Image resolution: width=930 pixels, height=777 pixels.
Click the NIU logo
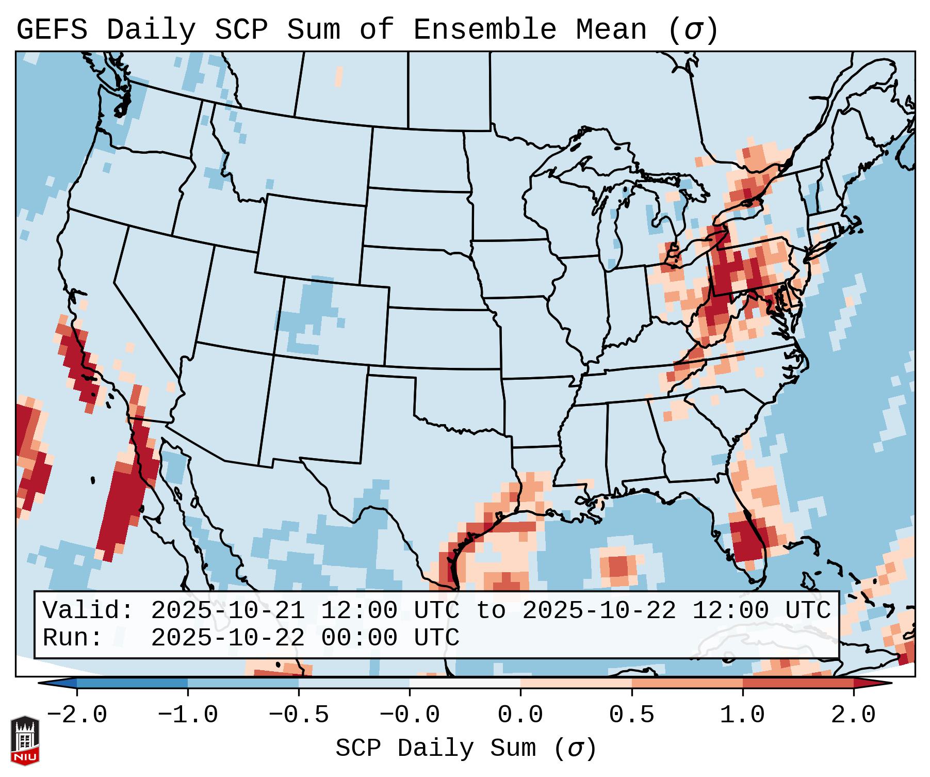25,740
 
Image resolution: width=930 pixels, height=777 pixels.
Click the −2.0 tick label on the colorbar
77,715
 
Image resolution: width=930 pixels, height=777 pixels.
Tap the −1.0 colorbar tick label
188,715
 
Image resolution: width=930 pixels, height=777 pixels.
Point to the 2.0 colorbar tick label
853,715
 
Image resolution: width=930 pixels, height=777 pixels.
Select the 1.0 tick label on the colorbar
742,715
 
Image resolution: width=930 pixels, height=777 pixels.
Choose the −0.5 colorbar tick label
299,715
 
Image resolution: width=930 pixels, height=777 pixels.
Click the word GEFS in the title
52,30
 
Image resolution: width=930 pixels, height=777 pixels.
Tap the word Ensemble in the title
485,30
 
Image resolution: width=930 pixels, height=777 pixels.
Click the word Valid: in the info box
88,610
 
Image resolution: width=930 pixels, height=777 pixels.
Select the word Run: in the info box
73,638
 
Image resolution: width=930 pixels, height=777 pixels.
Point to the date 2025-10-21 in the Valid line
227,610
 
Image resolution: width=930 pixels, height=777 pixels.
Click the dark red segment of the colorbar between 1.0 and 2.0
797,683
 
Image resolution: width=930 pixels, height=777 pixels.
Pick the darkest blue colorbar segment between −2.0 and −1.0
132,683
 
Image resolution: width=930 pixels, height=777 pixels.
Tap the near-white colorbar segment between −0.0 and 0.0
465,683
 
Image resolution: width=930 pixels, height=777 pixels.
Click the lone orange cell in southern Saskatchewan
338,76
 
